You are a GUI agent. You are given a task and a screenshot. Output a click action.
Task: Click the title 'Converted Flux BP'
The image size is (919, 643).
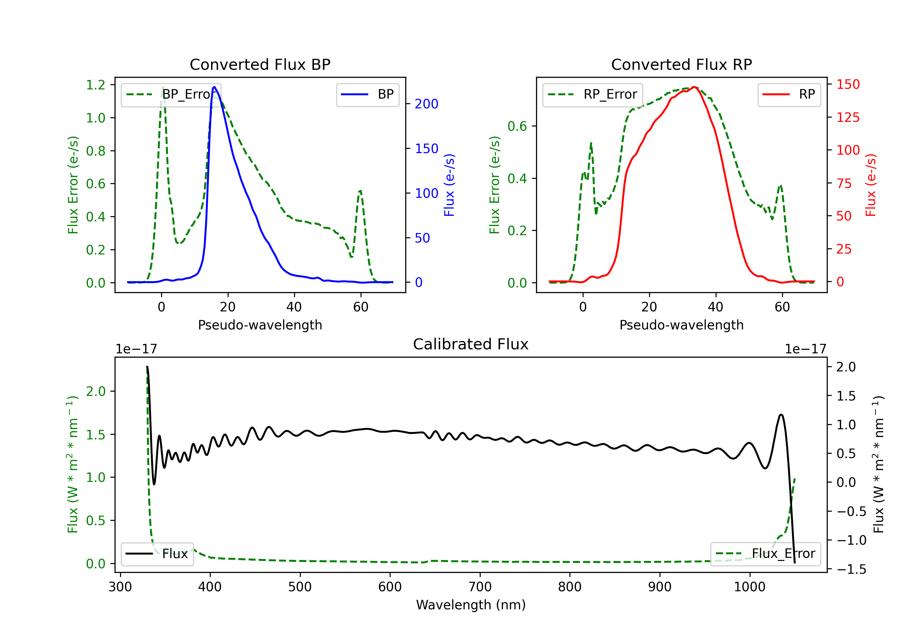pos(260,64)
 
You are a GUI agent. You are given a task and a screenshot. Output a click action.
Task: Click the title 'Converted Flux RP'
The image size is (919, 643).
pos(681,64)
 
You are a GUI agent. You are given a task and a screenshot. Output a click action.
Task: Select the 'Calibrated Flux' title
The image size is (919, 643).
pos(471,344)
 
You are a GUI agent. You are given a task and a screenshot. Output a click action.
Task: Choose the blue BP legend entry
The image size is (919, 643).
pos(367,94)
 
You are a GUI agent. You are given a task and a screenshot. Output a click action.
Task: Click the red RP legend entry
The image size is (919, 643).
pos(789,94)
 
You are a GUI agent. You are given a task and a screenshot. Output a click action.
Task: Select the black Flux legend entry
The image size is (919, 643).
pos(157,554)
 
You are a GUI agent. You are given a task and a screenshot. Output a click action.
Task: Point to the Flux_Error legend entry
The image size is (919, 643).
pos(765,554)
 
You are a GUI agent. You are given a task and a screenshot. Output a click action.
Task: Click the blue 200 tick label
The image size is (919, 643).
pos(426,104)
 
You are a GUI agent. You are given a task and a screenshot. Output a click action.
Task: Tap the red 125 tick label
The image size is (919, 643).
pos(848,117)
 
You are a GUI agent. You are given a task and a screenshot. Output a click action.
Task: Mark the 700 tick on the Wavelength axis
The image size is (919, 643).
pos(480,587)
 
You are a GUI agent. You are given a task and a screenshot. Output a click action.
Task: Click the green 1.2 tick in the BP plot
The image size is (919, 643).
pos(96,85)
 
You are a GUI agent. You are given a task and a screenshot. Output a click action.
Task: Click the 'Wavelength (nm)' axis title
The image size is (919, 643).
pos(471,605)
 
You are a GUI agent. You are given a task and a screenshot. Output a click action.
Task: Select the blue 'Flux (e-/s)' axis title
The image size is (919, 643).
pos(449,185)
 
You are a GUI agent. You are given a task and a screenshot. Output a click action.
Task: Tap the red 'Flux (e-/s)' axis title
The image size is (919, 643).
pos(871,185)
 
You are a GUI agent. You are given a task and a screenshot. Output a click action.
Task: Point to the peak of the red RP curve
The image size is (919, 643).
pos(694,87)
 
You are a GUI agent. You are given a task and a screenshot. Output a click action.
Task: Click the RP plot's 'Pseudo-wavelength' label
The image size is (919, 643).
pos(681,325)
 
